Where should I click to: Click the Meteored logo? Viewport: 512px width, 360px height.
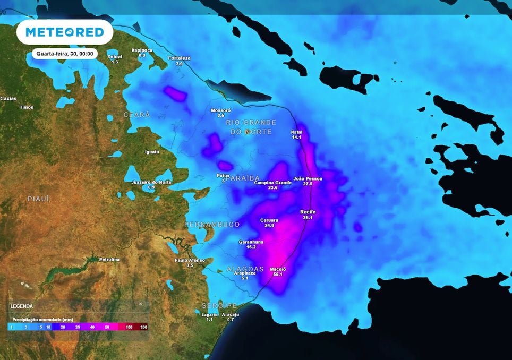click(x=65, y=32)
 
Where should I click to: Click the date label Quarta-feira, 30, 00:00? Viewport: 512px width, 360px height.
click(x=64, y=54)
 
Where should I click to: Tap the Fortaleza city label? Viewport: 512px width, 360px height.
click(x=179, y=58)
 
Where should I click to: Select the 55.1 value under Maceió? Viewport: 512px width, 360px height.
click(x=278, y=274)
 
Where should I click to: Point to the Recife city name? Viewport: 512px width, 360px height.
click(x=308, y=211)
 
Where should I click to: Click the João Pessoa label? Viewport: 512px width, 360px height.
click(x=308, y=178)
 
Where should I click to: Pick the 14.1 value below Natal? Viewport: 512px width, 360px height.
click(x=296, y=137)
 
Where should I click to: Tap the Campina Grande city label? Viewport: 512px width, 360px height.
click(x=273, y=183)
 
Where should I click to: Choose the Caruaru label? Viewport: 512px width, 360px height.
click(x=269, y=219)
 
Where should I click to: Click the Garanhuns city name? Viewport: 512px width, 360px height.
click(x=251, y=242)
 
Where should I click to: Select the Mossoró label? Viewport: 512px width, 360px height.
click(x=221, y=110)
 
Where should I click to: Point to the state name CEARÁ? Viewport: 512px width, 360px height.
click(x=137, y=115)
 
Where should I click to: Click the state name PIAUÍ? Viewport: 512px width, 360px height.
click(x=38, y=198)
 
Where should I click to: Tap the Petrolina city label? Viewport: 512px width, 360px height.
click(x=109, y=259)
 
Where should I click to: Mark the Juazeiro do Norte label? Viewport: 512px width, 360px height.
click(x=151, y=182)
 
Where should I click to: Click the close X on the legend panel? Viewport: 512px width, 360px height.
click(x=141, y=304)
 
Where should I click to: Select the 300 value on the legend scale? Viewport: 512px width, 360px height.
click(x=143, y=327)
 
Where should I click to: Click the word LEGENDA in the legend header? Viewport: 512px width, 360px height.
click(x=22, y=306)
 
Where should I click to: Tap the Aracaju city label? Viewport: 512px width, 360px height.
click(x=231, y=314)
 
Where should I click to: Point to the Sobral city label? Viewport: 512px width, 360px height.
click(x=115, y=57)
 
